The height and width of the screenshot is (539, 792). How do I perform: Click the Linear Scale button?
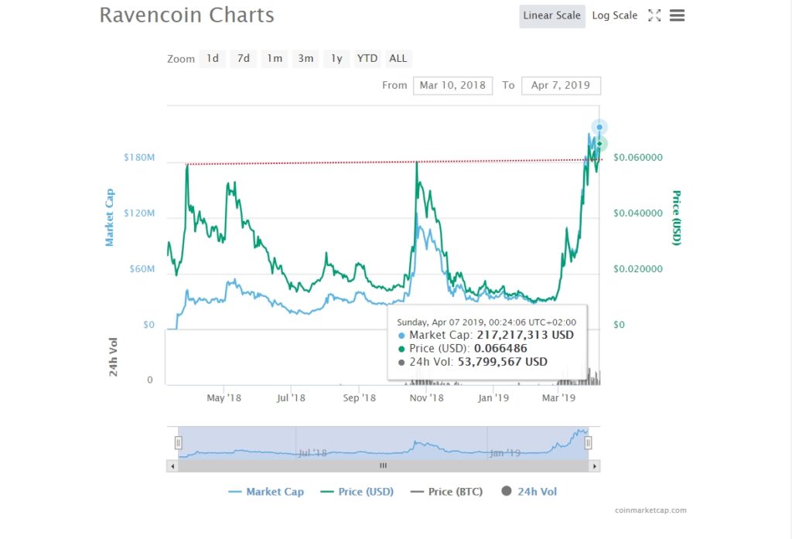(x=552, y=15)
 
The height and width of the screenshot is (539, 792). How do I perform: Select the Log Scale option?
(x=615, y=15)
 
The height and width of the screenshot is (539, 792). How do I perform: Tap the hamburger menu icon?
(x=677, y=15)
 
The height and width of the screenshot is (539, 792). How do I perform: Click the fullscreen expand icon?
(x=654, y=15)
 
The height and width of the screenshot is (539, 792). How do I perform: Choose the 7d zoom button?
(x=244, y=59)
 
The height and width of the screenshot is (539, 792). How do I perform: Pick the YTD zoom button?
(x=367, y=59)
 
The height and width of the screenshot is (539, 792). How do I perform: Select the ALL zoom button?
(x=398, y=59)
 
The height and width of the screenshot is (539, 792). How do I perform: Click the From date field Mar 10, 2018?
(x=452, y=85)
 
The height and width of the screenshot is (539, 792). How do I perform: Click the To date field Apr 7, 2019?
(x=561, y=85)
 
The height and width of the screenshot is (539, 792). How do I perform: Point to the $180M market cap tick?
(x=139, y=158)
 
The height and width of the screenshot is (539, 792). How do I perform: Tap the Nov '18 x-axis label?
(x=426, y=398)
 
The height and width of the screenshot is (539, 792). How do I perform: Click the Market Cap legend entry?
(x=275, y=492)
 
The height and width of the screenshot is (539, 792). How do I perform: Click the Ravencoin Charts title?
(x=186, y=15)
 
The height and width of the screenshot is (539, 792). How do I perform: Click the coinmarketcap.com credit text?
(x=650, y=510)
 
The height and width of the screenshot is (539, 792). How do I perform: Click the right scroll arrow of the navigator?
(x=595, y=466)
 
